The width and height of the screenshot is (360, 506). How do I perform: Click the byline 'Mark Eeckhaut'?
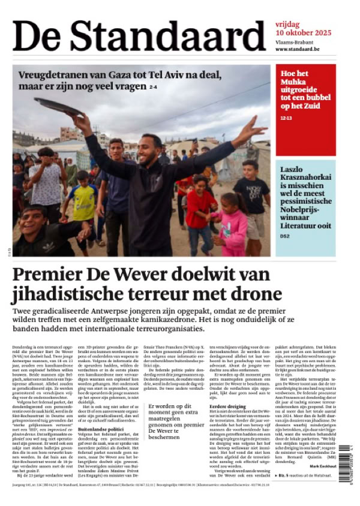323,466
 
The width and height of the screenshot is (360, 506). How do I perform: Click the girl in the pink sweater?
235,225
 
